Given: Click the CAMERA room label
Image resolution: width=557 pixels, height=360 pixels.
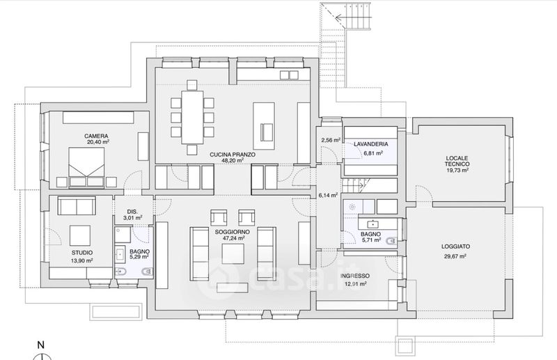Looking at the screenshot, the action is pos(96,136).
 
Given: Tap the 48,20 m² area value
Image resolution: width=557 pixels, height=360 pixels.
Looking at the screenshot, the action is pos(233,160).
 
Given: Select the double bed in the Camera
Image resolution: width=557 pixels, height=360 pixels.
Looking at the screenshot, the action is pos(87,167).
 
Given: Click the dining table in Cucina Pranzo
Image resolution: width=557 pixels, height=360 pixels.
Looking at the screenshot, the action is pos(192,117).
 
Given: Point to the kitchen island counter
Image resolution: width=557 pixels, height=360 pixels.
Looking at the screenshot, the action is pos(264,126).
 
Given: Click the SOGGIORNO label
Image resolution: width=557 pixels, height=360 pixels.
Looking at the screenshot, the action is pos(233,232).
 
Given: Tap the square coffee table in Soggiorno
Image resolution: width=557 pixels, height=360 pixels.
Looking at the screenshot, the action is pos(233,253).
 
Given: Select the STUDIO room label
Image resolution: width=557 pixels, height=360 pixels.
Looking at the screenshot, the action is pos(82,253).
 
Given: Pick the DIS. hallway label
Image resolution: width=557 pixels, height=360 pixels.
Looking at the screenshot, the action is pos(132,212).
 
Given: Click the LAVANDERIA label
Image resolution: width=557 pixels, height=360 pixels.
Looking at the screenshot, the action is pos(371,144).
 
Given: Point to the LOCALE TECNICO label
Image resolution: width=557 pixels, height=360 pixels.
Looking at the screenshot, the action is pos(457,161).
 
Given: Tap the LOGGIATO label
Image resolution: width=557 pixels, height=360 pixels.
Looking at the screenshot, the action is pos(456,246).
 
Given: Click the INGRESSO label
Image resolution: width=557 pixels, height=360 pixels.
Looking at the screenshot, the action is pos(355,276).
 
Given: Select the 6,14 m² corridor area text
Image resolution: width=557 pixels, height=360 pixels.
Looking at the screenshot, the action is pos(328,195).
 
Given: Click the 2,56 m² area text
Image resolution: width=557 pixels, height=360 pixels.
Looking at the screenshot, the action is pos(331,140).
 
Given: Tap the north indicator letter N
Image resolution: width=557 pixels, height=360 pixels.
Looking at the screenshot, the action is pos(41,345).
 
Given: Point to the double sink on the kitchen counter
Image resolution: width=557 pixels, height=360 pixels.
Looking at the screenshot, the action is pos(289,75).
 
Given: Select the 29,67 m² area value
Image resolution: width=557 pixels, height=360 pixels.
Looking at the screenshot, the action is pos(455,256).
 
